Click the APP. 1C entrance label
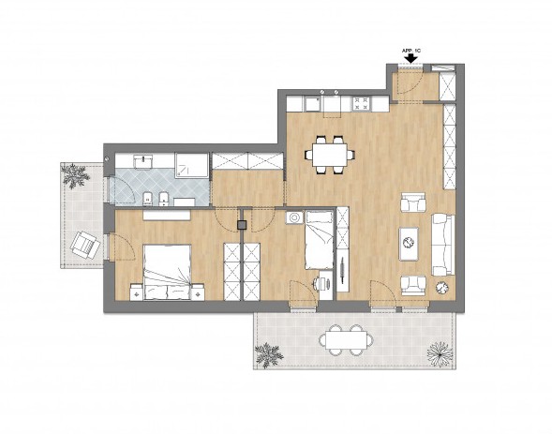tap(410, 51)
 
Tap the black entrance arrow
tap(410, 58)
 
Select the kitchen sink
tap(312, 104)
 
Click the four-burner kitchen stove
tap(362, 104)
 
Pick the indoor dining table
tap(330, 155)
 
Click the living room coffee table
tap(409, 244)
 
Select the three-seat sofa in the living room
tap(443, 245)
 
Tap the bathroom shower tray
tap(192, 165)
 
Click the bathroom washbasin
tap(143, 162)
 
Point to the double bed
tap(167, 273)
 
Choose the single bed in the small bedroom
tap(319, 240)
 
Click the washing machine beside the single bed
tap(294, 217)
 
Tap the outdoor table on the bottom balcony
tap(346, 340)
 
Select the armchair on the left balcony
tap(84, 245)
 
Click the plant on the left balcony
tap(75, 175)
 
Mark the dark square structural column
tap(242, 225)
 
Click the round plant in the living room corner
tap(442, 288)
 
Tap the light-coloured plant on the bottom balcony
tap(440, 353)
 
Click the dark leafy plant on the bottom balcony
tap(269, 355)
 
